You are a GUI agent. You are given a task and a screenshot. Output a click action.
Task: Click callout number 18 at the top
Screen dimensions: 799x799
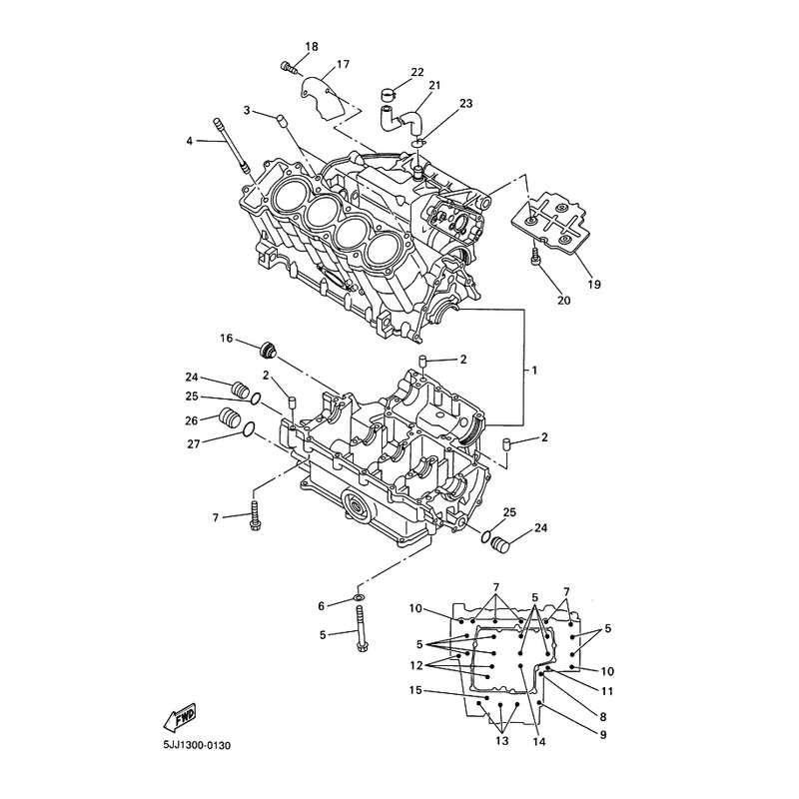312,47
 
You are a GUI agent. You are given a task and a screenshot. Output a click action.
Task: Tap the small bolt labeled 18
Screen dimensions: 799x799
288,66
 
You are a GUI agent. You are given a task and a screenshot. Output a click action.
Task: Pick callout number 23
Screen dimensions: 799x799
465,103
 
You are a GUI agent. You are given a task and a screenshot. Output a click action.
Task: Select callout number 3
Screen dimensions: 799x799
246,109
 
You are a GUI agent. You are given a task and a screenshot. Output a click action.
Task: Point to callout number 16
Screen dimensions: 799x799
227,340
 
